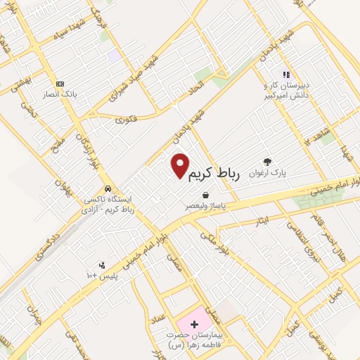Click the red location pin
(x=181, y=165)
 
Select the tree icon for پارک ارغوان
(x=267, y=160)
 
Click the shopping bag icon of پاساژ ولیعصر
(x=205, y=195)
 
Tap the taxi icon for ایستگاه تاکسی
(x=107, y=189)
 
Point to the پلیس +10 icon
(x=102, y=264)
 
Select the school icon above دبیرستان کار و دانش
(x=286, y=74)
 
